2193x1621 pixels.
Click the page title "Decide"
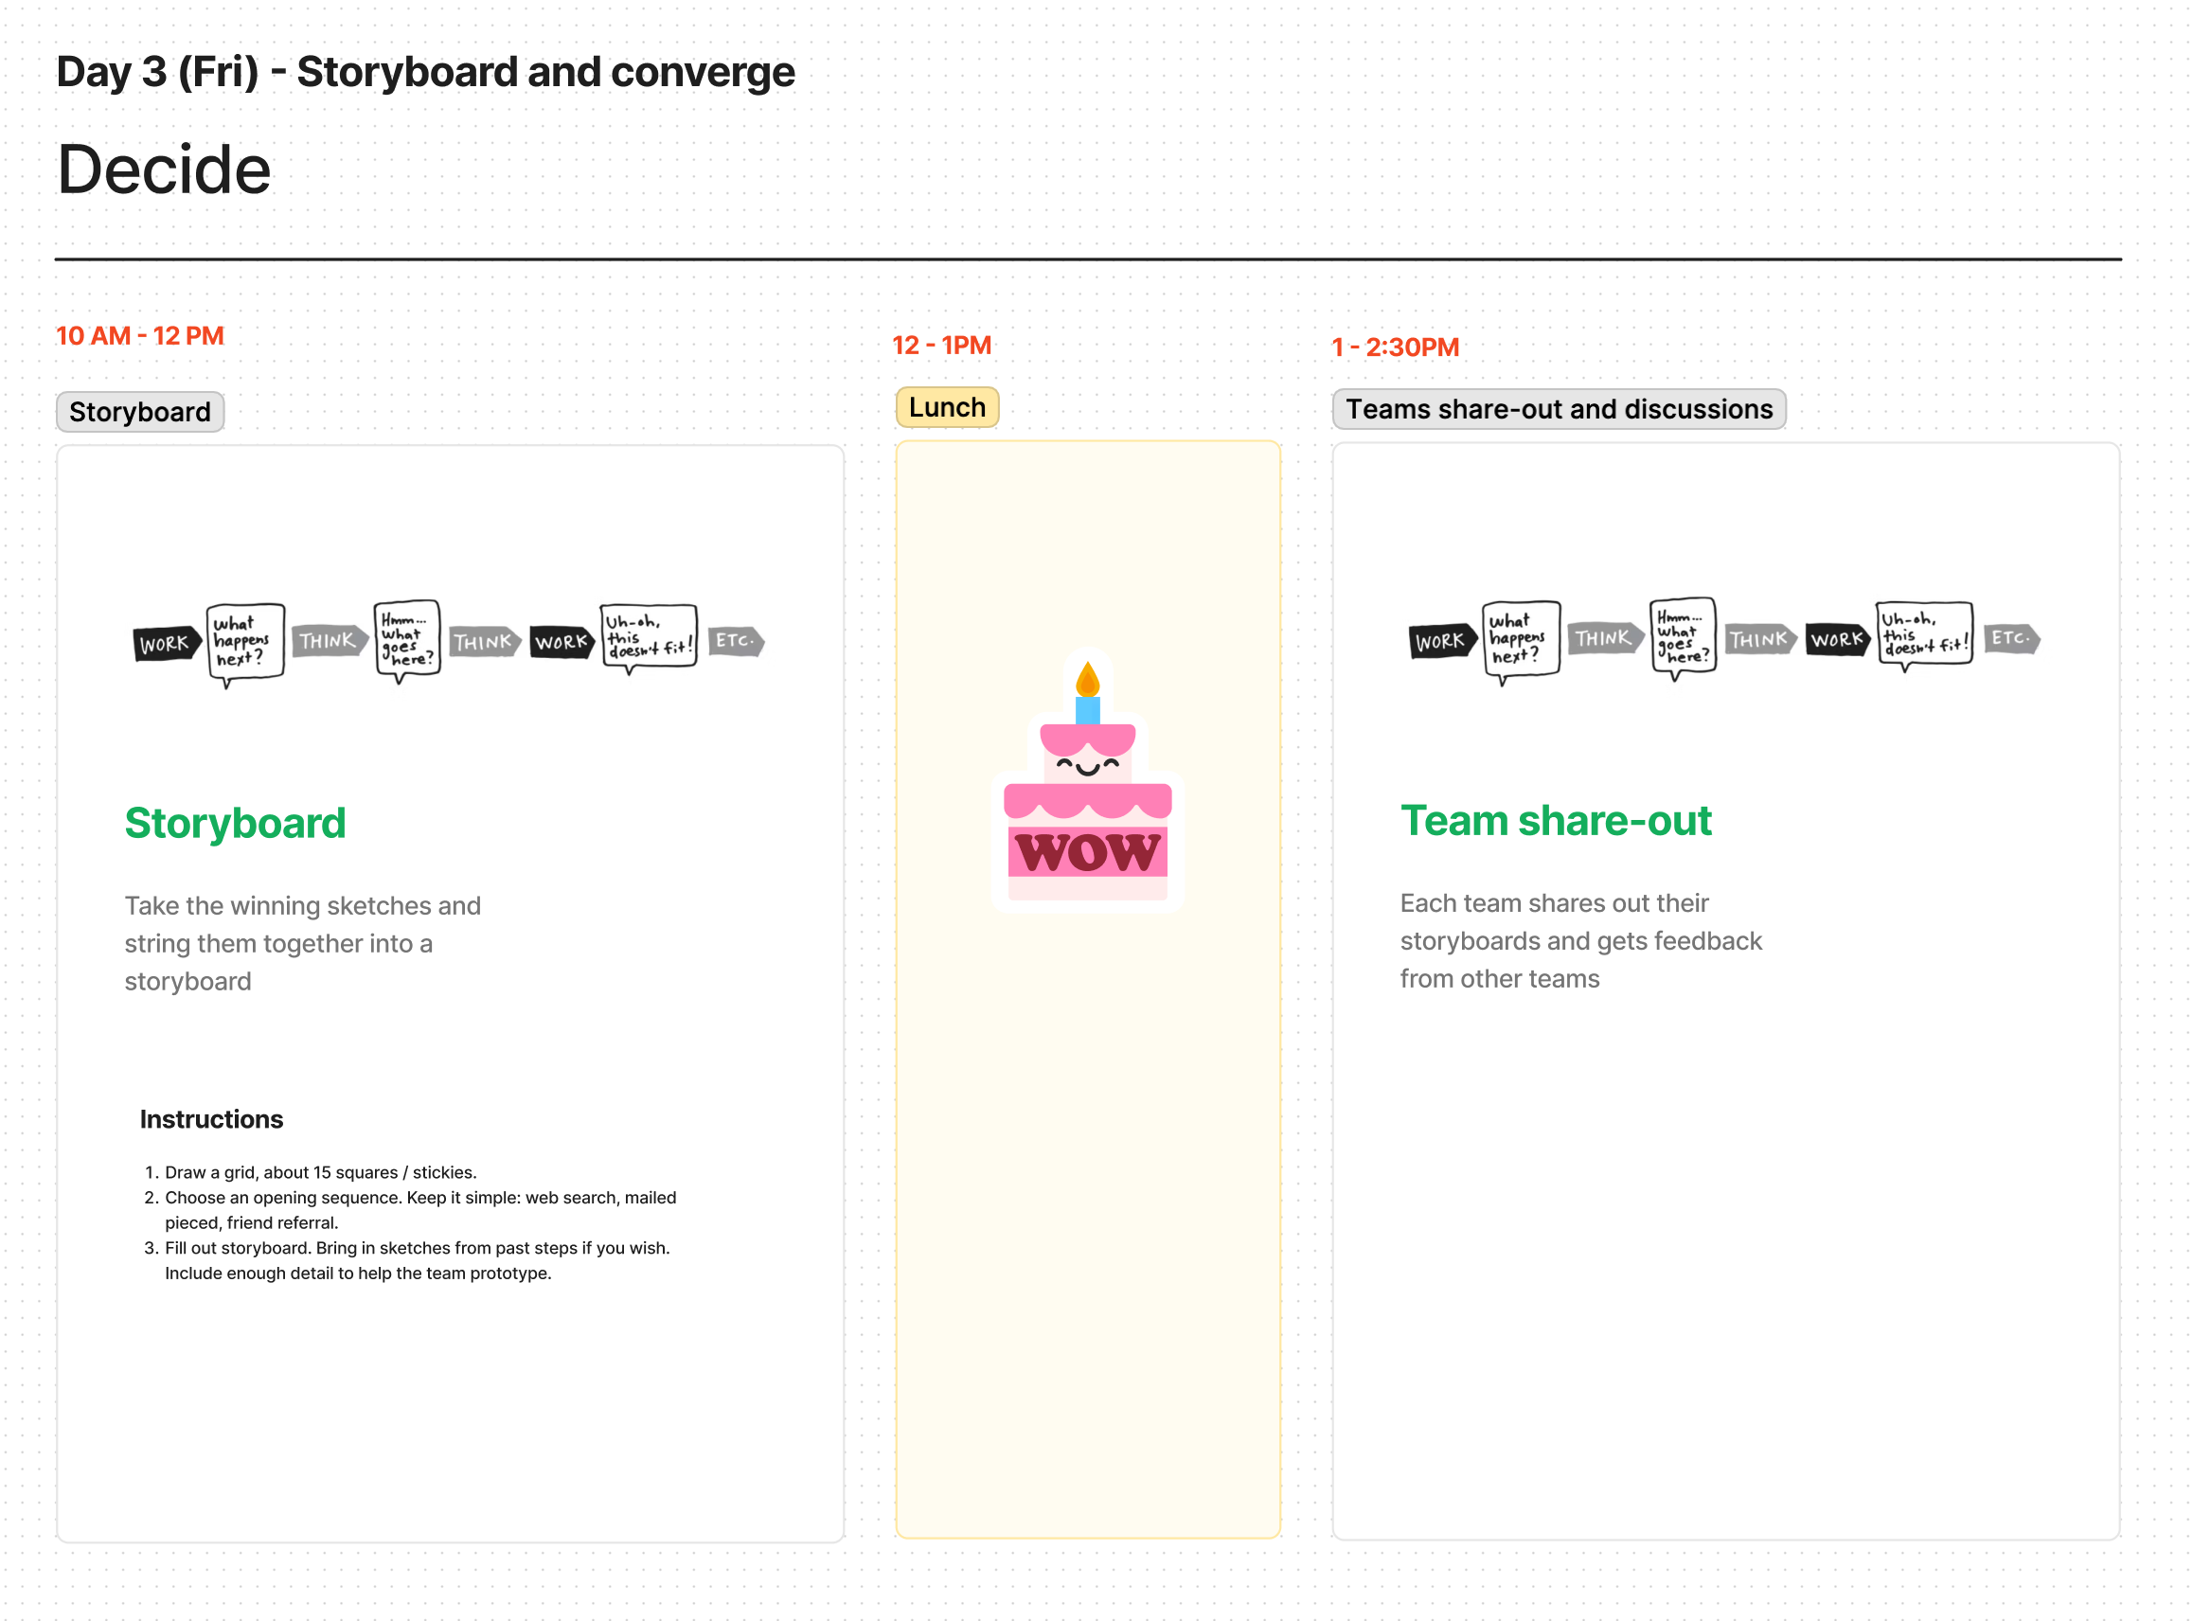(164, 169)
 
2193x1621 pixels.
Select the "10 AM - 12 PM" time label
(140, 335)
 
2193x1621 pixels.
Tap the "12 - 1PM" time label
(941, 346)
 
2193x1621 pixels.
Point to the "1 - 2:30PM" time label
(1394, 347)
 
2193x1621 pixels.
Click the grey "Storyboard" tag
(140, 412)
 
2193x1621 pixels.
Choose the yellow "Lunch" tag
(947, 407)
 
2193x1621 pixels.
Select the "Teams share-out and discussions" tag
(1559, 409)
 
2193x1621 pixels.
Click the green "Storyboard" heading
(236, 823)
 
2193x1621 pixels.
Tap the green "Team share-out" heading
(1555, 820)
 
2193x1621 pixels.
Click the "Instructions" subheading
(211, 1119)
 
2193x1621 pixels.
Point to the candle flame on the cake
(1087, 679)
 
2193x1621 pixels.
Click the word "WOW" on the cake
(1087, 852)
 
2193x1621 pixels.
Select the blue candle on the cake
(1087, 709)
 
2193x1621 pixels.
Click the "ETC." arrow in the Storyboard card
(735, 642)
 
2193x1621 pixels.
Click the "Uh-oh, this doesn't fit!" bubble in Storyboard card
(649, 637)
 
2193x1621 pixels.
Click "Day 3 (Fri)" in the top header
(158, 72)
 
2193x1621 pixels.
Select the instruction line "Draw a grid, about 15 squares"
(320, 1172)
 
